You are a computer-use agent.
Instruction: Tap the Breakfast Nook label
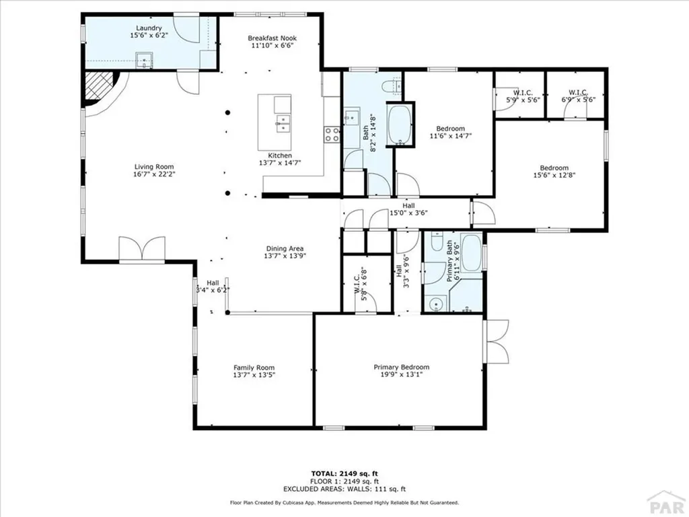(272, 38)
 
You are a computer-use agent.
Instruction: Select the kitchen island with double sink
(275, 123)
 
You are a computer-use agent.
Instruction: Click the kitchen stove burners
(332, 134)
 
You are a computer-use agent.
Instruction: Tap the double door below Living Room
(142, 248)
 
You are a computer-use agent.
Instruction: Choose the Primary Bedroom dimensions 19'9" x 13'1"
(401, 376)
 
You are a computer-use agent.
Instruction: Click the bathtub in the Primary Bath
(470, 254)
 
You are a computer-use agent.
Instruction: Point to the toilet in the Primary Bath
(436, 242)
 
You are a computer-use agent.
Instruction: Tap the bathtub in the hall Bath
(400, 124)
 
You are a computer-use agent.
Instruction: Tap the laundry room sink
(145, 61)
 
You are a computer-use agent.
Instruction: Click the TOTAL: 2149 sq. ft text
(344, 474)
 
